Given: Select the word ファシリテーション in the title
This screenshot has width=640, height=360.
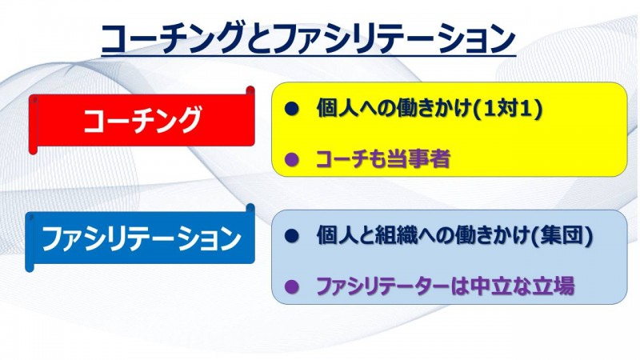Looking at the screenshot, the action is click(394, 38).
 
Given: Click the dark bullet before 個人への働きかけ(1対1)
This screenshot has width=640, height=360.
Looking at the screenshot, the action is click(291, 109).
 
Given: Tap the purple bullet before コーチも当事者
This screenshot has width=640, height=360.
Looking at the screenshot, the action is click(291, 158).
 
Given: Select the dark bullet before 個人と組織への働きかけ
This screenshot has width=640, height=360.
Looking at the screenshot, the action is click(291, 236).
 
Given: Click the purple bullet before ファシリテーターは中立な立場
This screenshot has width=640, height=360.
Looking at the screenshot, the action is click(291, 286).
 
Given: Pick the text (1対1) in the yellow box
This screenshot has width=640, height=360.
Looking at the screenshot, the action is click(507, 109).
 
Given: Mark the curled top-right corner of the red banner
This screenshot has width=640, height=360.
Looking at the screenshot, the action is click(250, 90).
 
